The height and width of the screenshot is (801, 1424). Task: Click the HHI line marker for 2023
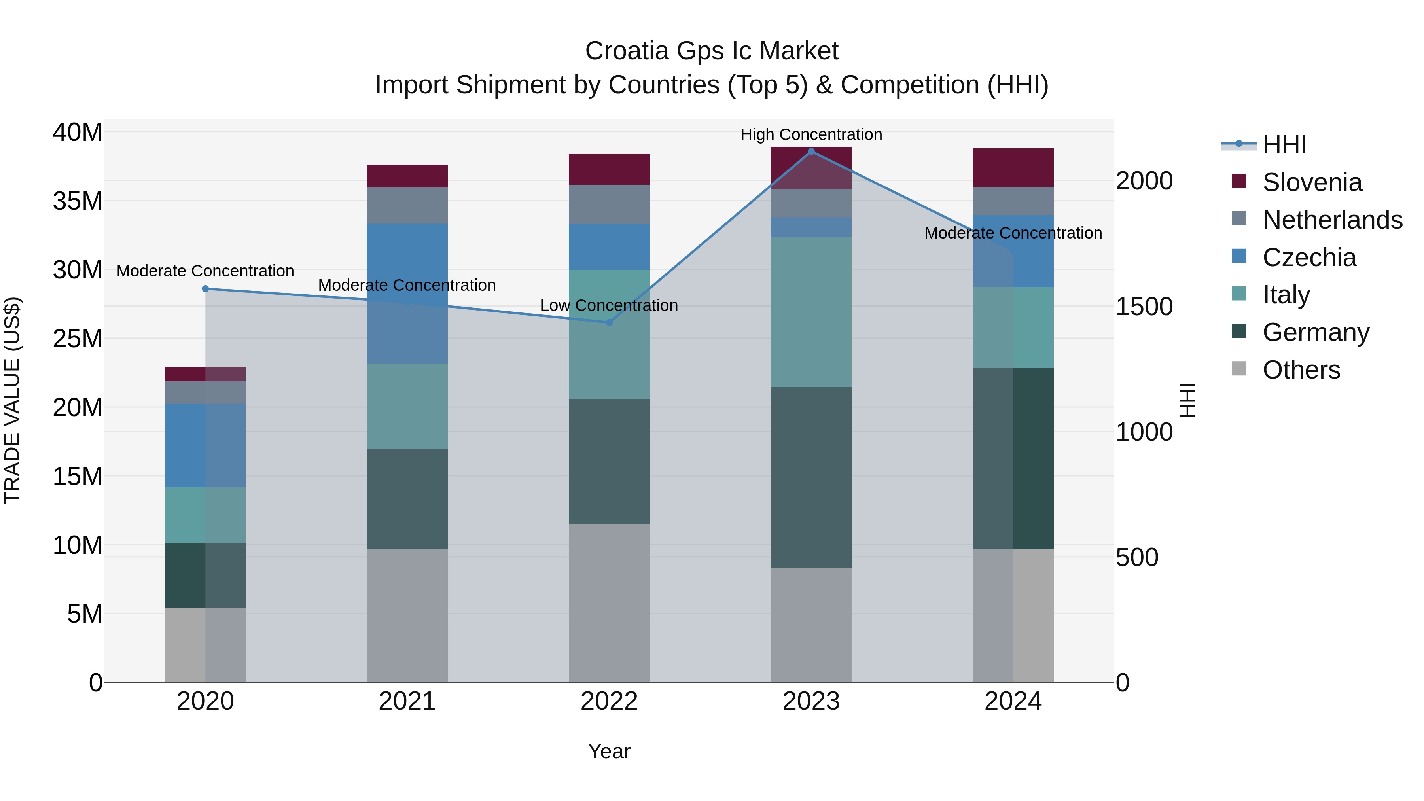[x=811, y=151]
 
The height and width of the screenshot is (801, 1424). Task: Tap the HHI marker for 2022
[x=609, y=322]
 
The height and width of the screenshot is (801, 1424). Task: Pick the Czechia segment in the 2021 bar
[x=407, y=293]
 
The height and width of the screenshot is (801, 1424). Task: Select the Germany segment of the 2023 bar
[x=811, y=477]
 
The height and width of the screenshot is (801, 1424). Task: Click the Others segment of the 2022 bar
[x=609, y=602]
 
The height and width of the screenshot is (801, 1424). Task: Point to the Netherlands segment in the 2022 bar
[x=609, y=204]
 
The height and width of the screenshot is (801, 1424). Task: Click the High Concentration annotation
[x=811, y=134]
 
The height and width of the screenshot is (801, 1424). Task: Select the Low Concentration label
[x=609, y=305]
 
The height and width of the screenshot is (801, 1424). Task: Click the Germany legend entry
[x=1316, y=332]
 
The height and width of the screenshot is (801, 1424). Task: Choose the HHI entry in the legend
[x=1284, y=145]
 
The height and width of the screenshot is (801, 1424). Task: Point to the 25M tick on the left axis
[x=78, y=338]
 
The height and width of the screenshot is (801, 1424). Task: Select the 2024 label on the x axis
[x=1013, y=701]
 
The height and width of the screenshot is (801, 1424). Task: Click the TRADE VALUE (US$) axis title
[x=12, y=400]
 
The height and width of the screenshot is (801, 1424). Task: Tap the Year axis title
[x=609, y=751]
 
